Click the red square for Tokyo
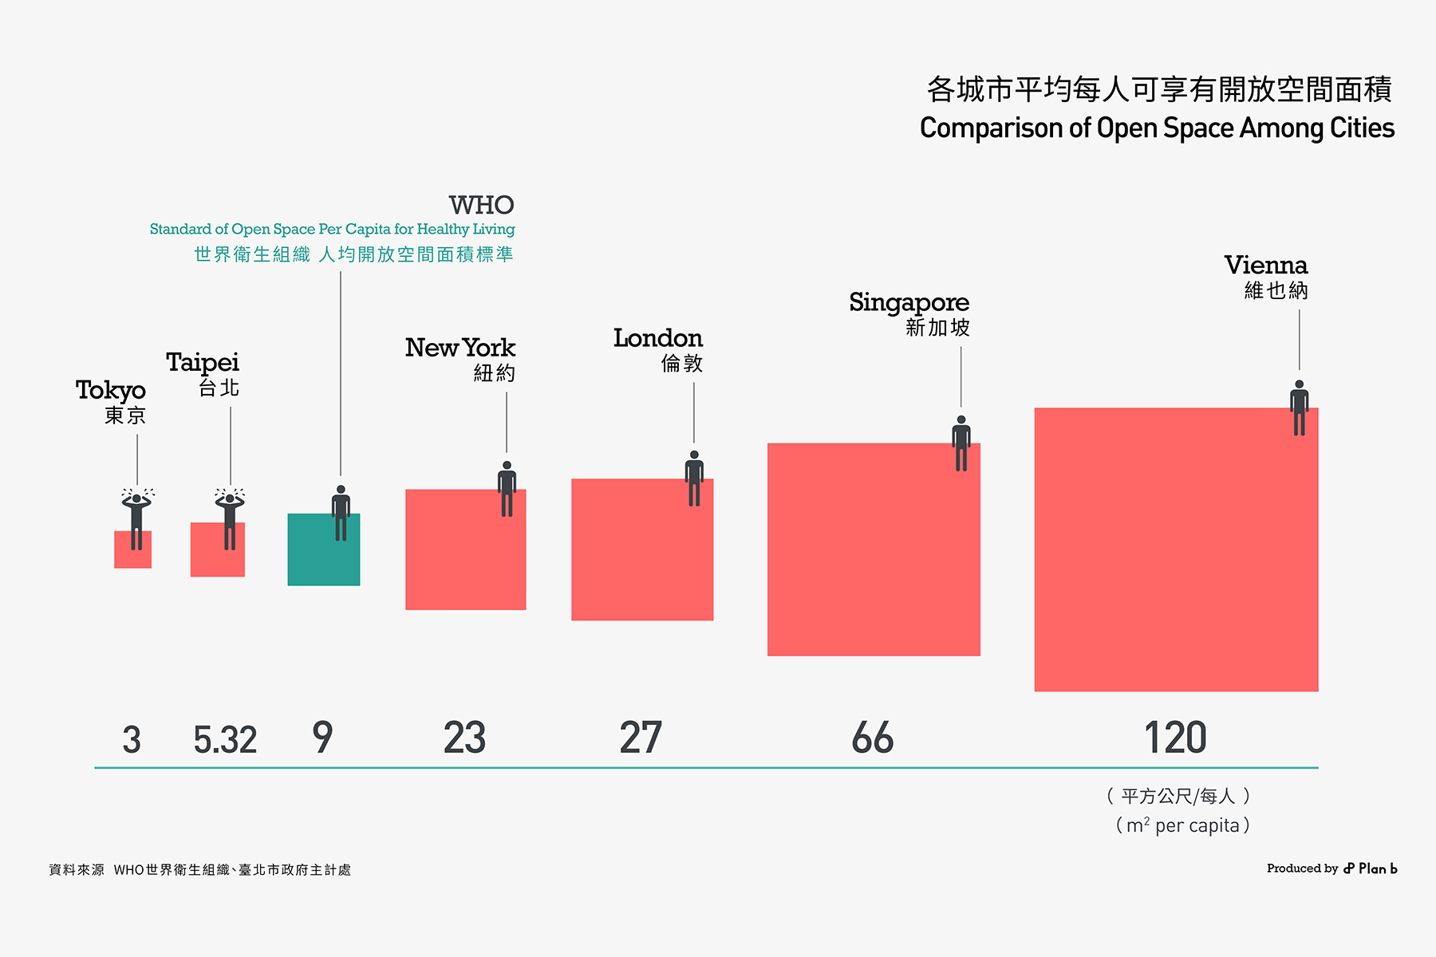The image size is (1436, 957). coord(132,558)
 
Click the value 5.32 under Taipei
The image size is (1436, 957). coord(225,739)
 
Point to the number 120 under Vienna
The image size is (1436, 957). coord(1175,738)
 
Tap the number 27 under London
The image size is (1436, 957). coord(641,738)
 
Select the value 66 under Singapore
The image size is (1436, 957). coord(872,738)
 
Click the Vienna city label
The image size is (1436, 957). coord(1266,266)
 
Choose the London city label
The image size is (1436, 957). coord(658,339)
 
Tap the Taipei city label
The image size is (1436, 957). coord(203,363)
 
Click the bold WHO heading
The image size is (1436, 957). coord(481,206)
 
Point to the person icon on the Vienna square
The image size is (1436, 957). coord(1300,408)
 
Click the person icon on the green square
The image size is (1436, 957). coord(341,513)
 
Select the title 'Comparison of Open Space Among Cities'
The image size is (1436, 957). coord(1157,128)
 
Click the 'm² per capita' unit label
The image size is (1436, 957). coord(1182,825)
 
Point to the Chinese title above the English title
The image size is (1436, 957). coord(1158,89)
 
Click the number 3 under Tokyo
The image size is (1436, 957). coord(132,739)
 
